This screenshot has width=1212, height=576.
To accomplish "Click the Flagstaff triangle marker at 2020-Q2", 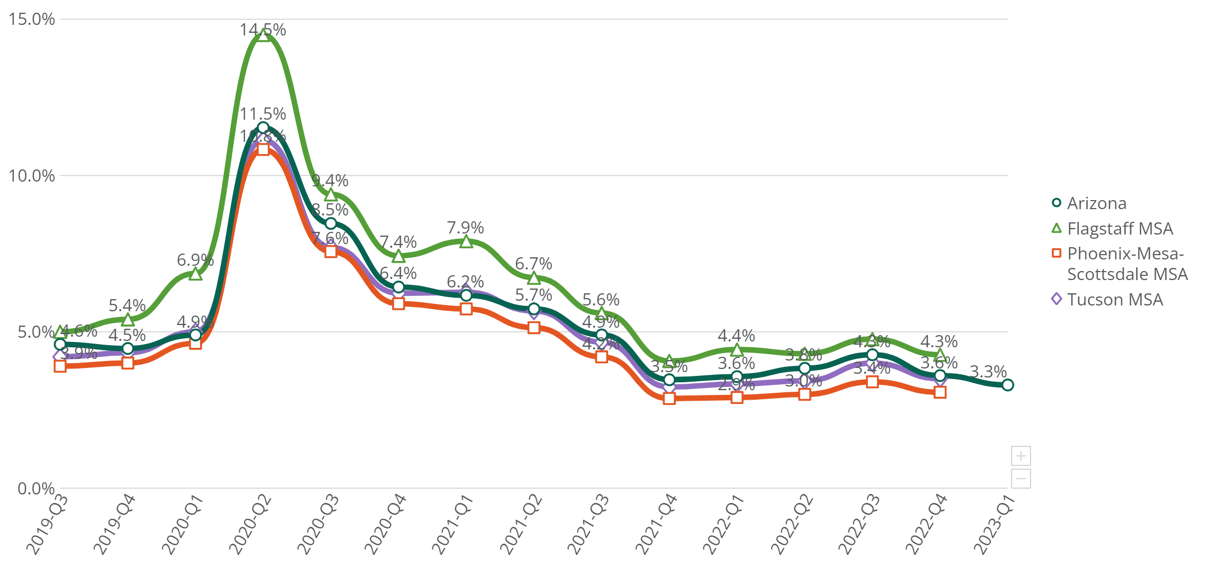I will pyautogui.click(x=263, y=35).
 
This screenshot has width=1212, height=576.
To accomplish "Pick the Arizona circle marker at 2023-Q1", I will pyautogui.click(x=1008, y=385).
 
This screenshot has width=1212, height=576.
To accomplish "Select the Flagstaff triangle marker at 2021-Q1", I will pyautogui.click(x=466, y=242).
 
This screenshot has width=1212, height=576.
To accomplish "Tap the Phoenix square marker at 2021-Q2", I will pyautogui.click(x=534, y=328).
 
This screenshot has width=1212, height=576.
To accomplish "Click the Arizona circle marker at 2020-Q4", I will pyautogui.click(x=399, y=287).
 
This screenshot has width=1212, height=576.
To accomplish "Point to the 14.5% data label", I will pyautogui.click(x=263, y=30).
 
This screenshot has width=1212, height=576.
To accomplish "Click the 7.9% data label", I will pyautogui.click(x=465, y=228).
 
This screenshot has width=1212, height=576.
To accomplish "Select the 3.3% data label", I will pyautogui.click(x=988, y=372).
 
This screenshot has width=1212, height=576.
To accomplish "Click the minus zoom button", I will pyautogui.click(x=1021, y=479).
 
